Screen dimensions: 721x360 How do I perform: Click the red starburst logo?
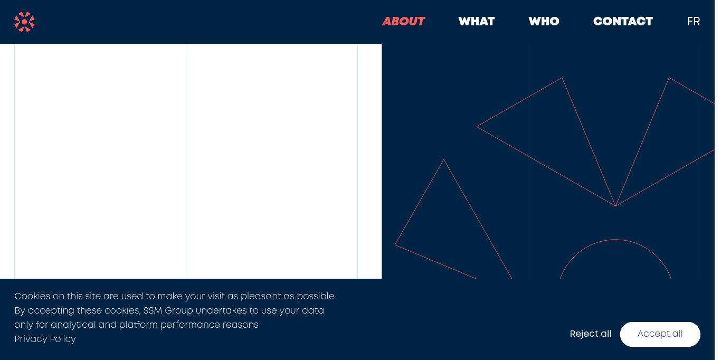click(x=24, y=22)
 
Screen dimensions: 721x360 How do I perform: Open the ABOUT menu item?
click(x=404, y=22)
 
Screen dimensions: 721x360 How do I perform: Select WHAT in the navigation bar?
click(x=477, y=22)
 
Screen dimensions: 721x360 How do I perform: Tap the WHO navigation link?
click(x=544, y=22)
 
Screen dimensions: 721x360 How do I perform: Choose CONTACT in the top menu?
click(x=623, y=22)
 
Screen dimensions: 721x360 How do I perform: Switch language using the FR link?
click(x=694, y=22)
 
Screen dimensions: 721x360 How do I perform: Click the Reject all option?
click(x=590, y=334)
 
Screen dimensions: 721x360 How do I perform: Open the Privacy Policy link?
click(x=45, y=339)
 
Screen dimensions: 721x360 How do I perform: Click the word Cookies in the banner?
click(x=32, y=296)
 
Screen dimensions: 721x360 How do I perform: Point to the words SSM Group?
click(x=168, y=310)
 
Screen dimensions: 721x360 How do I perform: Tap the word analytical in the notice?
click(x=73, y=325)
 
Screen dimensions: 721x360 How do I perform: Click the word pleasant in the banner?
click(x=261, y=296)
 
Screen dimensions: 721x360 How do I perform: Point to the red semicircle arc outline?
click(x=615, y=240)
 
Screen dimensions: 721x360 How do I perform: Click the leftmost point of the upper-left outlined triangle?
click(x=477, y=127)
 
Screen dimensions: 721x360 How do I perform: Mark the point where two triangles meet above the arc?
click(x=615, y=206)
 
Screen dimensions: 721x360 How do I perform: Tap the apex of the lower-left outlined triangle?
click(x=444, y=160)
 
